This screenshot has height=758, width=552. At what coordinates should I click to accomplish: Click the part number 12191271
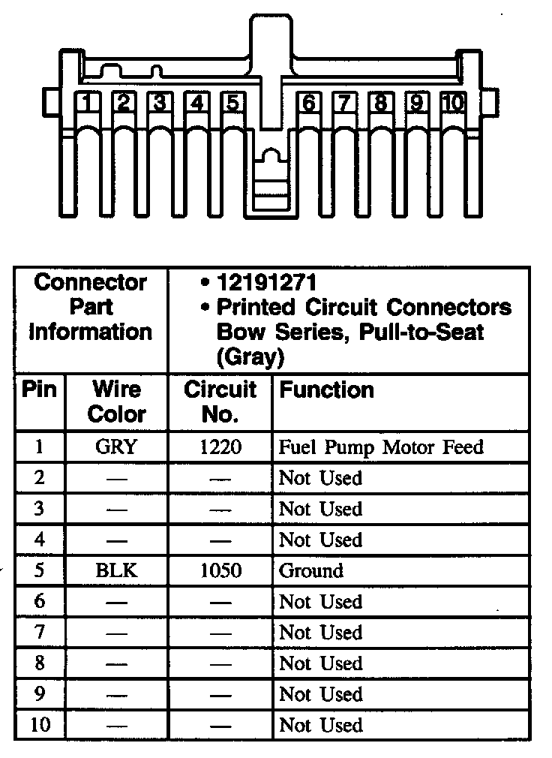(x=266, y=283)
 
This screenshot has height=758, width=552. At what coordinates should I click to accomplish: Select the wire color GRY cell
(x=116, y=447)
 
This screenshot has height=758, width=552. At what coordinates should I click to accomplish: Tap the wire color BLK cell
(x=116, y=570)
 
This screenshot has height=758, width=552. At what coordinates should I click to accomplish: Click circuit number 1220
(x=221, y=447)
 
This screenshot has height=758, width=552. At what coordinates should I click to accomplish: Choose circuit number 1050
(x=221, y=570)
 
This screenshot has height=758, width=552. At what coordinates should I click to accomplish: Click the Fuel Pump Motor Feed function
(x=381, y=447)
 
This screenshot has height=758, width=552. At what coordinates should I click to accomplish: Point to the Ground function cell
(x=311, y=570)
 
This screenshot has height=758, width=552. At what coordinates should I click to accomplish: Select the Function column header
(x=326, y=390)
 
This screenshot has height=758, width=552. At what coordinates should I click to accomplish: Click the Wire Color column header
(x=116, y=402)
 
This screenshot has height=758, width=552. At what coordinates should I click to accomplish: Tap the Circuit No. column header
(x=220, y=402)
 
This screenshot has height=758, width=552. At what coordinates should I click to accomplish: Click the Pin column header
(x=39, y=390)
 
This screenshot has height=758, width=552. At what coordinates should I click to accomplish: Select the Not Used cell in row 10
(x=320, y=725)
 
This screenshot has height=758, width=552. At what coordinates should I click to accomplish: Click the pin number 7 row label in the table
(x=39, y=633)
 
